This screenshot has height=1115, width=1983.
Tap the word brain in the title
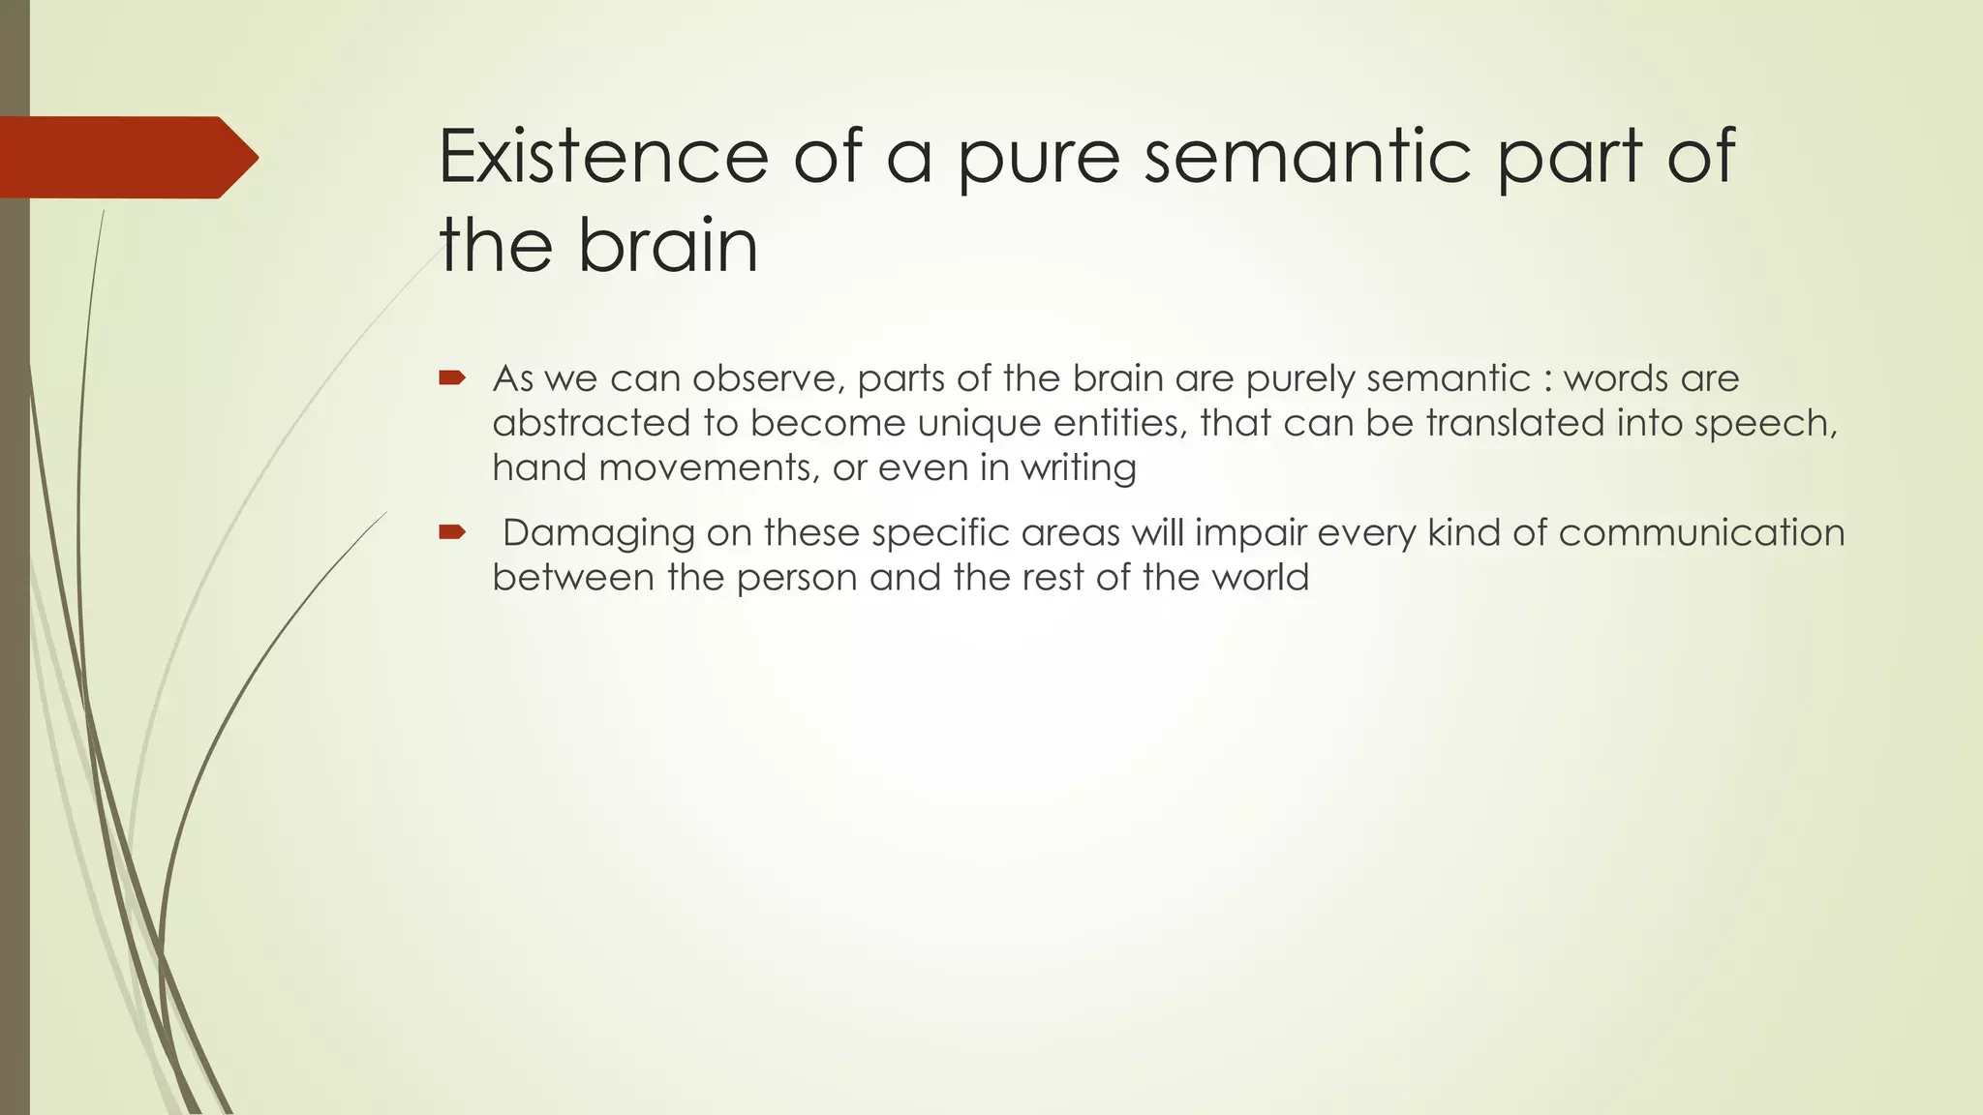[x=668, y=246]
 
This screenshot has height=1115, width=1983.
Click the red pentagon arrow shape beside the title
[x=129, y=157]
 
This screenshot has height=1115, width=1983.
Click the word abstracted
[x=591, y=423]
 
